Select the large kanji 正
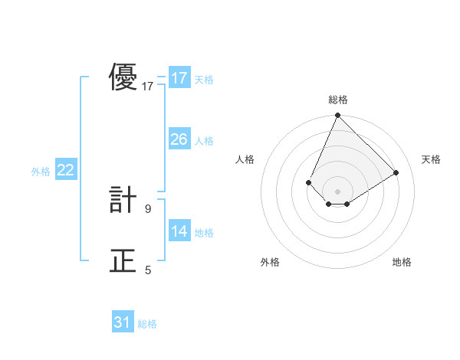pos(123,261)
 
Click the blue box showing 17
pos(179,78)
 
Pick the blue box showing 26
pos(179,139)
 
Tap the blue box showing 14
pos(179,231)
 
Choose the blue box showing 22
pos(66,170)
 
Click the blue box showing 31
pos(123,322)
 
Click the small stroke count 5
pos(148,270)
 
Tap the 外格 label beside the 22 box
pos(41,172)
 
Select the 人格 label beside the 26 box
pos(204,141)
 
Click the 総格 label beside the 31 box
pos(147,324)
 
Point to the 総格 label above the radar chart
pos(337,100)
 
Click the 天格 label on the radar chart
pos(431,159)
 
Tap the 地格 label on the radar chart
pos(402,262)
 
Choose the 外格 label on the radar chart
pos(270,262)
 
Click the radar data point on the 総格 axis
pos(337,116)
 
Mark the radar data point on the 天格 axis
pos(396,172)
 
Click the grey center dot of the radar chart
pos(337,191)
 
